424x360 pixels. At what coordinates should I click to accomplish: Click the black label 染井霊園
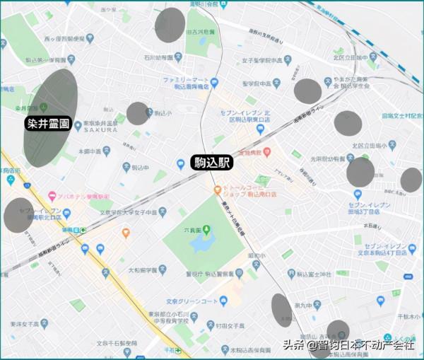[x=49, y=123]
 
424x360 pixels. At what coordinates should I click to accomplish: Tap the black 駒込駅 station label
[x=213, y=162]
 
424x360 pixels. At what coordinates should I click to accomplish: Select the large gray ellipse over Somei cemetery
[x=50, y=117]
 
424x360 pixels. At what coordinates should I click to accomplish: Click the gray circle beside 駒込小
[x=139, y=113]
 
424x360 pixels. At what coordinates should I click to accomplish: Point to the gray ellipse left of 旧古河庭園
[x=170, y=25]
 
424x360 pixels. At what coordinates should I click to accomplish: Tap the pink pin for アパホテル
[x=52, y=195]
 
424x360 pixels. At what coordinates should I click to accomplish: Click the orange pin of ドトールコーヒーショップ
[x=218, y=190]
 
